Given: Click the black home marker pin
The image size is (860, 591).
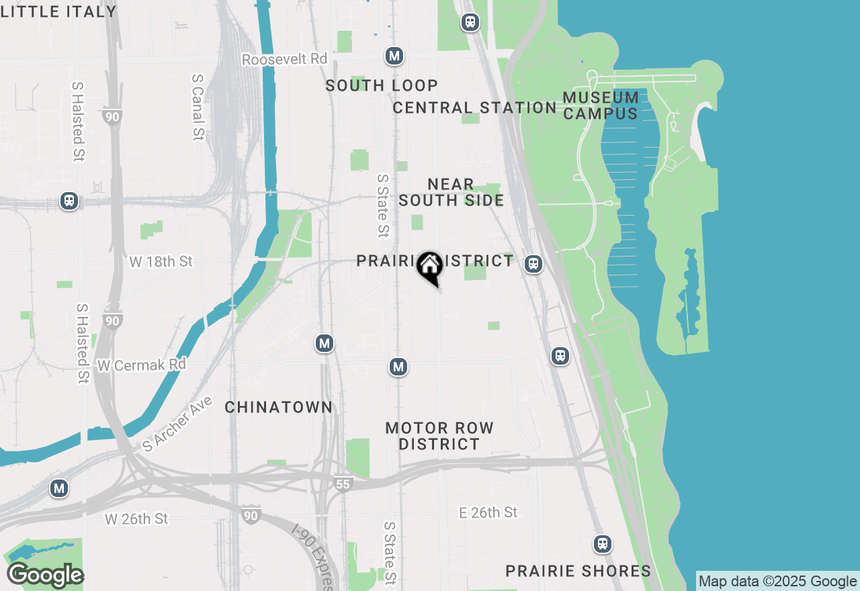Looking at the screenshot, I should (x=429, y=267).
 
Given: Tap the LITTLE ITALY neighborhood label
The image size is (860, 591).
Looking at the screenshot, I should (x=58, y=11).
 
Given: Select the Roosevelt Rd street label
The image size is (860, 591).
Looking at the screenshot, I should (x=284, y=59).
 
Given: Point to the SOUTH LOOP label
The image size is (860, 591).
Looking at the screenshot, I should (x=382, y=85).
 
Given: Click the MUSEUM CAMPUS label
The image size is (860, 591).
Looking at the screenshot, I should (x=601, y=105).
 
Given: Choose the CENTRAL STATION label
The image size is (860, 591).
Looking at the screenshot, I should (x=474, y=107).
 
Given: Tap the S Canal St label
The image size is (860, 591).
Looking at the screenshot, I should (x=197, y=107).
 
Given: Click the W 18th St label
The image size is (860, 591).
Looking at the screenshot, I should (x=161, y=261).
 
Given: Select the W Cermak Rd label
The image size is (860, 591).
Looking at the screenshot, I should (x=141, y=365).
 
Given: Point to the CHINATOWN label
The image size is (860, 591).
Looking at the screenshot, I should (x=278, y=407).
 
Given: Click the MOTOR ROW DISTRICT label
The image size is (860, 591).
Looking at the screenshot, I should (x=439, y=436).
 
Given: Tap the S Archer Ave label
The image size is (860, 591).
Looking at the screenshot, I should (x=177, y=424).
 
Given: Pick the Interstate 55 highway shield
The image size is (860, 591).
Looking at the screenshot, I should (x=343, y=483).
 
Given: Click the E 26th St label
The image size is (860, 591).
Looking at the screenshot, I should (x=488, y=512).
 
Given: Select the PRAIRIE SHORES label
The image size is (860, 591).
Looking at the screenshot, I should (x=578, y=571).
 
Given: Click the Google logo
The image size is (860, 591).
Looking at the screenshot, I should (x=45, y=576).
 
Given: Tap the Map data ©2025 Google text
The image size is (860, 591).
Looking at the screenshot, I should (x=777, y=582).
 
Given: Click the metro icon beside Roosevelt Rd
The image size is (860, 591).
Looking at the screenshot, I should (x=394, y=56).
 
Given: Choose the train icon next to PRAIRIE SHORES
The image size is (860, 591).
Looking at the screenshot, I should (x=603, y=543).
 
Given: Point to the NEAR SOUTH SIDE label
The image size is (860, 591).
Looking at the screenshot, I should (x=451, y=192).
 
